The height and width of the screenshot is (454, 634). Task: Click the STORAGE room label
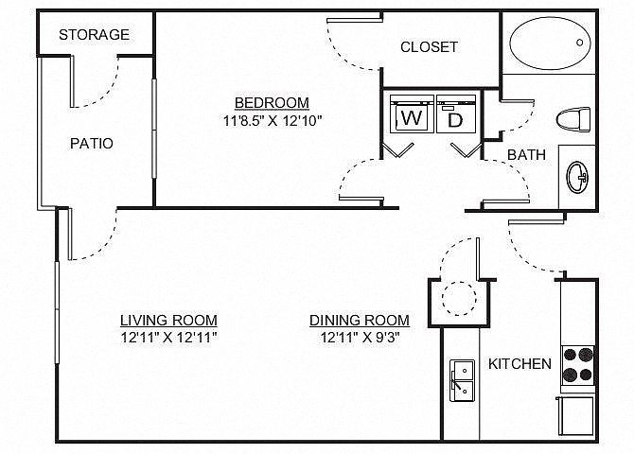click(x=95, y=35)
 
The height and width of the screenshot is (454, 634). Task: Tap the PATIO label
click(x=92, y=144)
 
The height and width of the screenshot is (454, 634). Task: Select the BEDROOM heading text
click(x=272, y=103)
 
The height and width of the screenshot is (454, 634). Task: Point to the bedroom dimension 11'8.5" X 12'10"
click(x=273, y=120)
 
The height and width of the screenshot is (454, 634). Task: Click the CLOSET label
click(x=429, y=47)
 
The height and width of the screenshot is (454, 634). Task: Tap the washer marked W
click(x=412, y=114)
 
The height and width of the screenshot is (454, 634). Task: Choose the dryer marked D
click(x=456, y=114)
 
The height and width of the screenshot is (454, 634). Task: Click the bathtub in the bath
click(x=550, y=44)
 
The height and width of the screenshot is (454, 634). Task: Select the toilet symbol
click(x=573, y=119)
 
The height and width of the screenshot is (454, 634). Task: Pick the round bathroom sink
click(x=577, y=177)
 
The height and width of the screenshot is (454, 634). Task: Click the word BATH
click(x=526, y=155)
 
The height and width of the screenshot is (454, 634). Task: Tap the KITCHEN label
click(x=520, y=364)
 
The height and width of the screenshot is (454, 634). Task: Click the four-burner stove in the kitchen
click(x=578, y=365)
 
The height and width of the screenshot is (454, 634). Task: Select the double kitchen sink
click(x=462, y=380)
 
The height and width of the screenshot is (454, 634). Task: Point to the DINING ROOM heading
click(x=360, y=321)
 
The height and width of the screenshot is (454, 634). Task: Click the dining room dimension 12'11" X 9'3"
click(x=361, y=337)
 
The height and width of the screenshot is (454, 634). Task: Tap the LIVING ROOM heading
click(x=169, y=321)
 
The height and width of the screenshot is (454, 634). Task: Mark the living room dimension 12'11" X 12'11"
click(x=169, y=337)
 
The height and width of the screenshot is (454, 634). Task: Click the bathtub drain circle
click(x=579, y=42)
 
